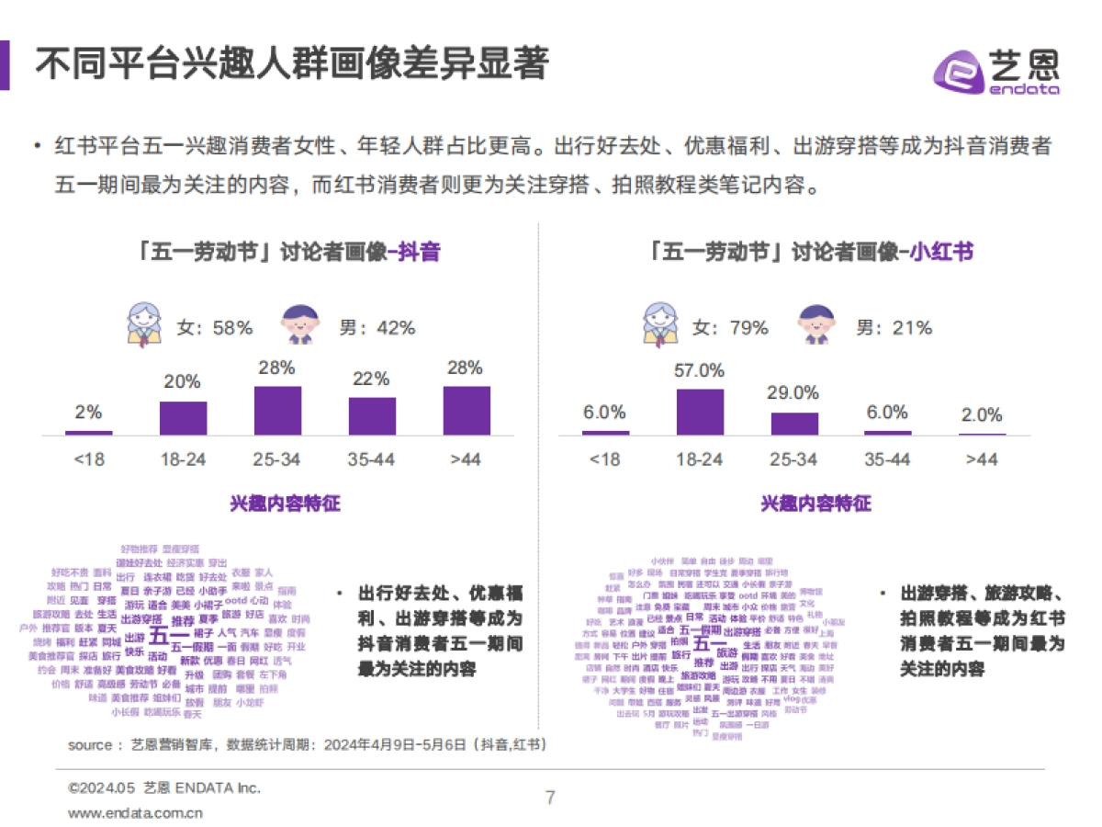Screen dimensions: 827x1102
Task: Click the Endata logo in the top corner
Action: pos(996,70)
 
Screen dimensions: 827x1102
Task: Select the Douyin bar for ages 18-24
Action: pos(184,417)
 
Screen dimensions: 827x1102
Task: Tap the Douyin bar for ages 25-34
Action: pos(277,410)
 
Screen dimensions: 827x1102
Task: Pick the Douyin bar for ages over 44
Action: pos(467,410)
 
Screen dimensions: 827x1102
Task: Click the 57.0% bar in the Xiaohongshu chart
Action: pos(700,412)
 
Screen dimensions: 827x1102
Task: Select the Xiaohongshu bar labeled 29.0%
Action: pos(794,423)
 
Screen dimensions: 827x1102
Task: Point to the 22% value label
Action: pos(371,379)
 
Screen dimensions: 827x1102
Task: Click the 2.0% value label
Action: pos(982,415)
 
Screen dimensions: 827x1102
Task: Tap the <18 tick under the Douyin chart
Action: pos(88,459)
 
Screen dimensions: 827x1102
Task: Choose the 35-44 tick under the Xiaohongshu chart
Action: pos(888,459)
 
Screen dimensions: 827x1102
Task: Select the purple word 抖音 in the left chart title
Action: pos(419,252)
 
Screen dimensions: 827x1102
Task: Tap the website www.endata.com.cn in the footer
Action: pos(136,813)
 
